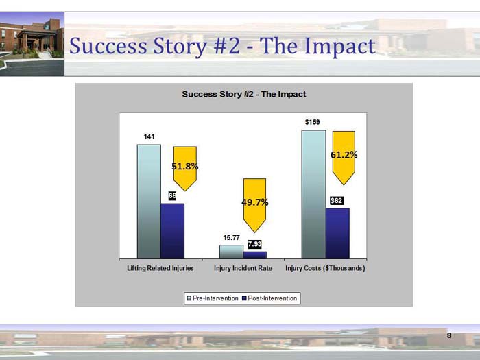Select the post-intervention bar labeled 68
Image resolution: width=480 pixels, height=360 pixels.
pyautogui.click(x=172, y=230)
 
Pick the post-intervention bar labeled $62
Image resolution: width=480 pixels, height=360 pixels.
pyautogui.click(x=337, y=232)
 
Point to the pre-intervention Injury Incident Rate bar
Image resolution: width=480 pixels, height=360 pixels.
pyautogui.click(x=231, y=251)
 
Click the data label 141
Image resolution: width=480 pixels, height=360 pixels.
pyautogui.click(x=149, y=137)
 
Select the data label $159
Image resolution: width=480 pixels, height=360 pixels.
pyautogui.click(x=313, y=122)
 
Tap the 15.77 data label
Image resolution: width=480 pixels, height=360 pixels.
pyautogui.click(x=231, y=238)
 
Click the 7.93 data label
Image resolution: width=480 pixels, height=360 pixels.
pyautogui.click(x=254, y=244)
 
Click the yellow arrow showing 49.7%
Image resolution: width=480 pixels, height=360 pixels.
pyautogui.click(x=254, y=203)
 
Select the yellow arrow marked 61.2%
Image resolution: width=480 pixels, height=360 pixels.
pyautogui.click(x=344, y=156)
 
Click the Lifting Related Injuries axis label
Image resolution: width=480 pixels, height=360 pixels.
pyautogui.click(x=160, y=268)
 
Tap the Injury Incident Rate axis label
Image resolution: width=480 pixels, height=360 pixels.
pyautogui.click(x=243, y=268)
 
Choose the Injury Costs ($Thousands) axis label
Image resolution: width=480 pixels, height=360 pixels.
pyautogui.click(x=325, y=268)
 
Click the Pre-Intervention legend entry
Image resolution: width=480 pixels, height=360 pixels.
pyautogui.click(x=213, y=298)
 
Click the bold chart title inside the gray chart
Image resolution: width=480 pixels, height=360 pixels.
pyautogui.click(x=243, y=94)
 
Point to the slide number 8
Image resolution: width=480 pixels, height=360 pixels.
pyautogui.click(x=449, y=335)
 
